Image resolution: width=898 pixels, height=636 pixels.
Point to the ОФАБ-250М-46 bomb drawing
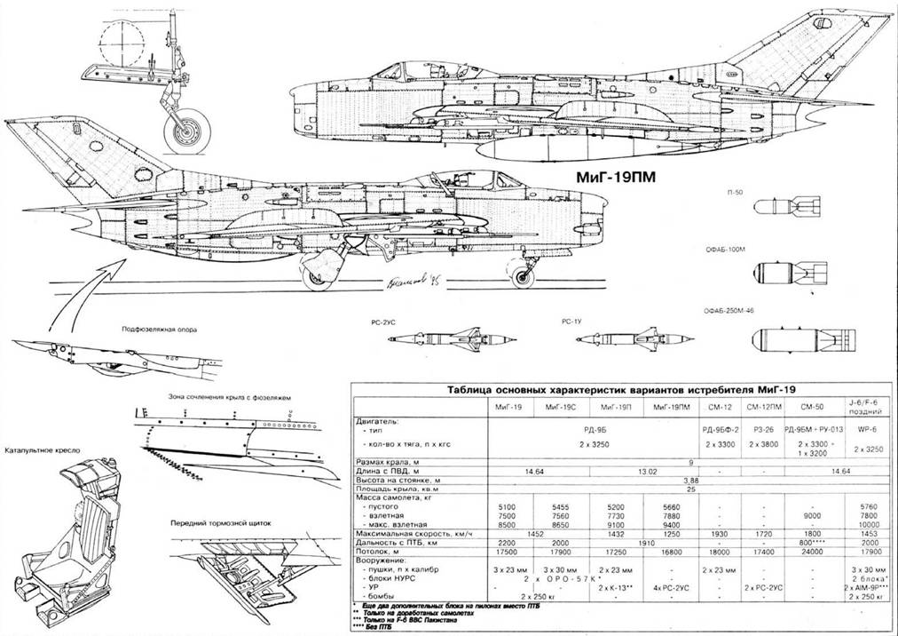pos(793,340)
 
